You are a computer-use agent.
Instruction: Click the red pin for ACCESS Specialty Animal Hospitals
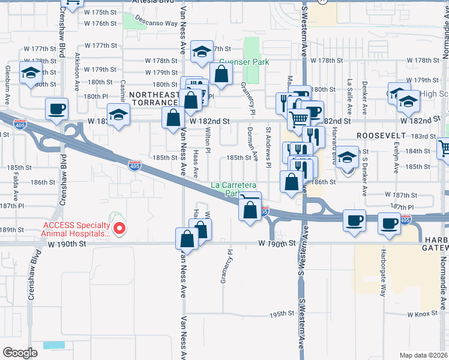pos(119,228)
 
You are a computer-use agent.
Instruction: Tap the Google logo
pos(20,352)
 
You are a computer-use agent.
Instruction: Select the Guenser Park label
pos(243,62)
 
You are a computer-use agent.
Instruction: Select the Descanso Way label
pos(157,23)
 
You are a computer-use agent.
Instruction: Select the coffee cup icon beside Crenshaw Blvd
pos(57,109)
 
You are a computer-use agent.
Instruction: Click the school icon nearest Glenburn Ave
pos(29,73)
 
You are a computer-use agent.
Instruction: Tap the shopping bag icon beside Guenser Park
pos(221,74)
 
